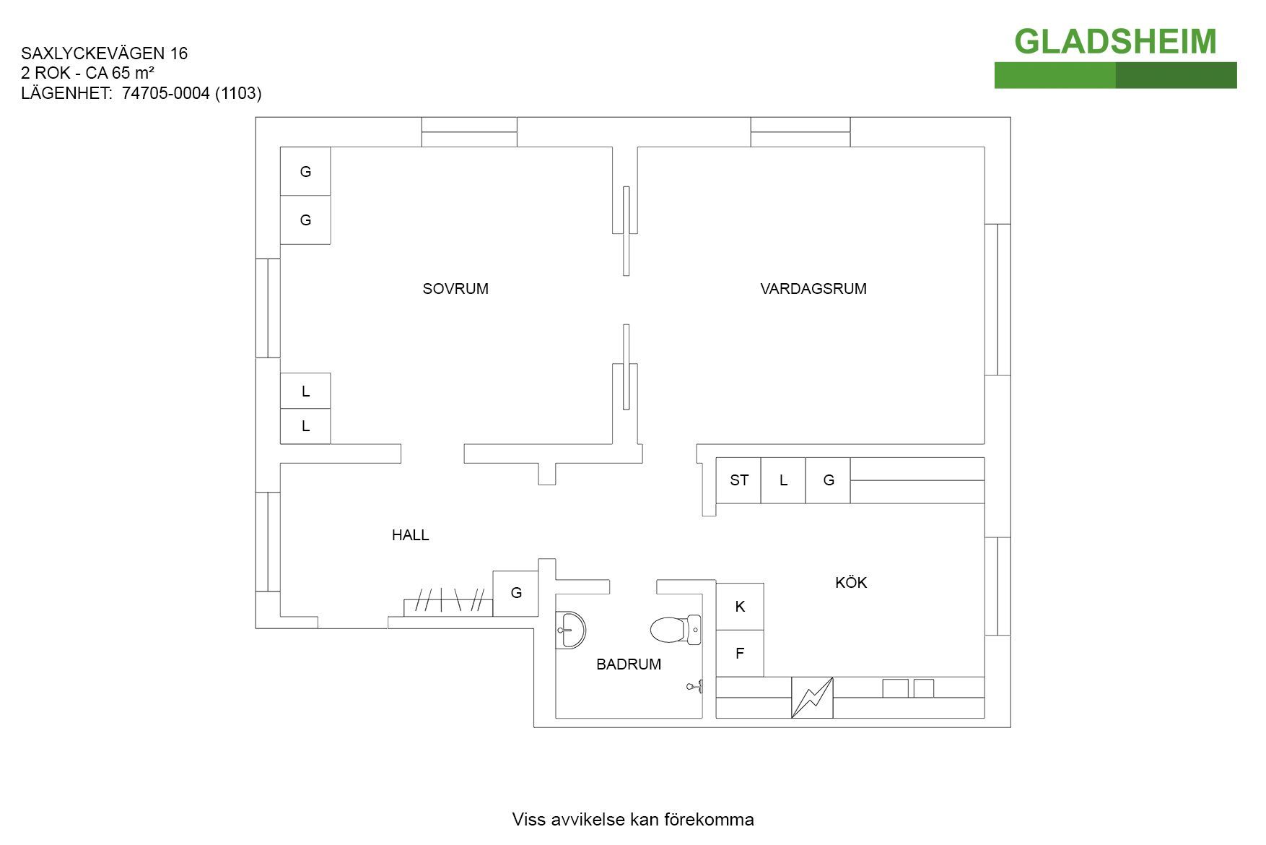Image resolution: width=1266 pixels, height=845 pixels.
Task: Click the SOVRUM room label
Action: (455, 289)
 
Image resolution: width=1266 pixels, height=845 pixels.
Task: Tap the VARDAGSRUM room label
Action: (813, 289)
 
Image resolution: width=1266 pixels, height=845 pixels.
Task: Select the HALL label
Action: (410, 535)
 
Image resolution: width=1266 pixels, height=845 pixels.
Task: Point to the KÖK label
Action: (850, 583)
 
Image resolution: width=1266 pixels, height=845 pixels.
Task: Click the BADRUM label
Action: (628, 664)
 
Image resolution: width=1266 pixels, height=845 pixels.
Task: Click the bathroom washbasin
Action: (570, 630)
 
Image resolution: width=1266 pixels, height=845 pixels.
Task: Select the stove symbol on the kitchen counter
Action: (812, 698)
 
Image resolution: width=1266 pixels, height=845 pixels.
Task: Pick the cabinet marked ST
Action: (738, 480)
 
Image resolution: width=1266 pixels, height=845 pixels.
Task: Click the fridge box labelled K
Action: (740, 607)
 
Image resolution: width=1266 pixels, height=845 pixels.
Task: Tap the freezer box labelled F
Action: (740, 654)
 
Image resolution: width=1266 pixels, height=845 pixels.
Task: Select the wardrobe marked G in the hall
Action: (515, 593)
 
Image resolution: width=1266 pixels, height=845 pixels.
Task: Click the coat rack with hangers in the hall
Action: (448, 603)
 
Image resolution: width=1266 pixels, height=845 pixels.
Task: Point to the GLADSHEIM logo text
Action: (1115, 42)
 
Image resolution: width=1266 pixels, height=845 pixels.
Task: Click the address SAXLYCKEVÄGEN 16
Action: (105, 53)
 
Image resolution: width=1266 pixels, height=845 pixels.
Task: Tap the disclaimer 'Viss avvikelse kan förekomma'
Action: (633, 820)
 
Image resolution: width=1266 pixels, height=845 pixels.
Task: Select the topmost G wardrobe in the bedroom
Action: (305, 171)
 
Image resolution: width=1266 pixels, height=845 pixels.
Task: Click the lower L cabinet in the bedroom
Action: (305, 426)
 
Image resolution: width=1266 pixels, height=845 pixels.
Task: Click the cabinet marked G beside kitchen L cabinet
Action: (828, 480)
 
